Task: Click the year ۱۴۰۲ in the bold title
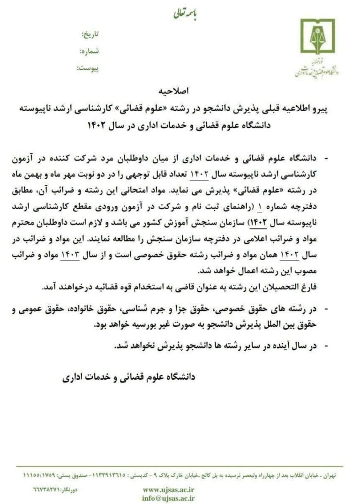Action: (98, 126)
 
